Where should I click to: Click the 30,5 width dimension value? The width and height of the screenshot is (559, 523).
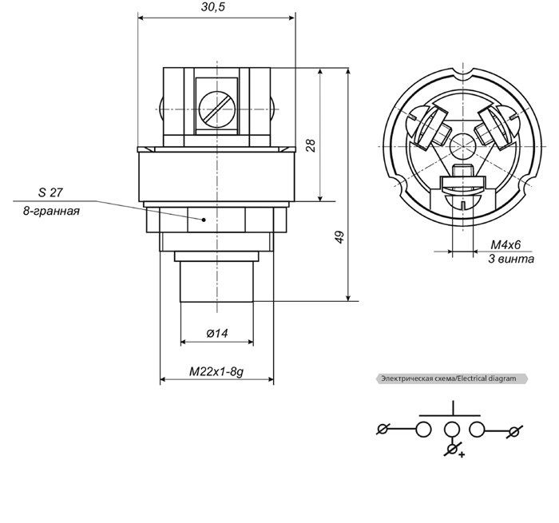[x=213, y=6]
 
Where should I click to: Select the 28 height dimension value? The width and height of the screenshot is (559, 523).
[x=311, y=146]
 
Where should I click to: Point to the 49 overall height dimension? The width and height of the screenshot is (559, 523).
[x=339, y=237]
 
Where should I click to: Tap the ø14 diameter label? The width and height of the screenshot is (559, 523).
[x=217, y=334]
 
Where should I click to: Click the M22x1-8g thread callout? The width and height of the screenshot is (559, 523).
[x=216, y=372]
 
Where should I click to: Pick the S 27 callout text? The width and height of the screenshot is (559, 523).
[x=50, y=192]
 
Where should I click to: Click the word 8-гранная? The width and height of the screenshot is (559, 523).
[x=51, y=211]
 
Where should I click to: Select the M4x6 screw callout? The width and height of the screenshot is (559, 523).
[x=505, y=245]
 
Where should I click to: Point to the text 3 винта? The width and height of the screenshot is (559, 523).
[x=511, y=259]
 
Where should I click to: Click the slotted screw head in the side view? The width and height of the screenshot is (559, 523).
[x=217, y=109]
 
